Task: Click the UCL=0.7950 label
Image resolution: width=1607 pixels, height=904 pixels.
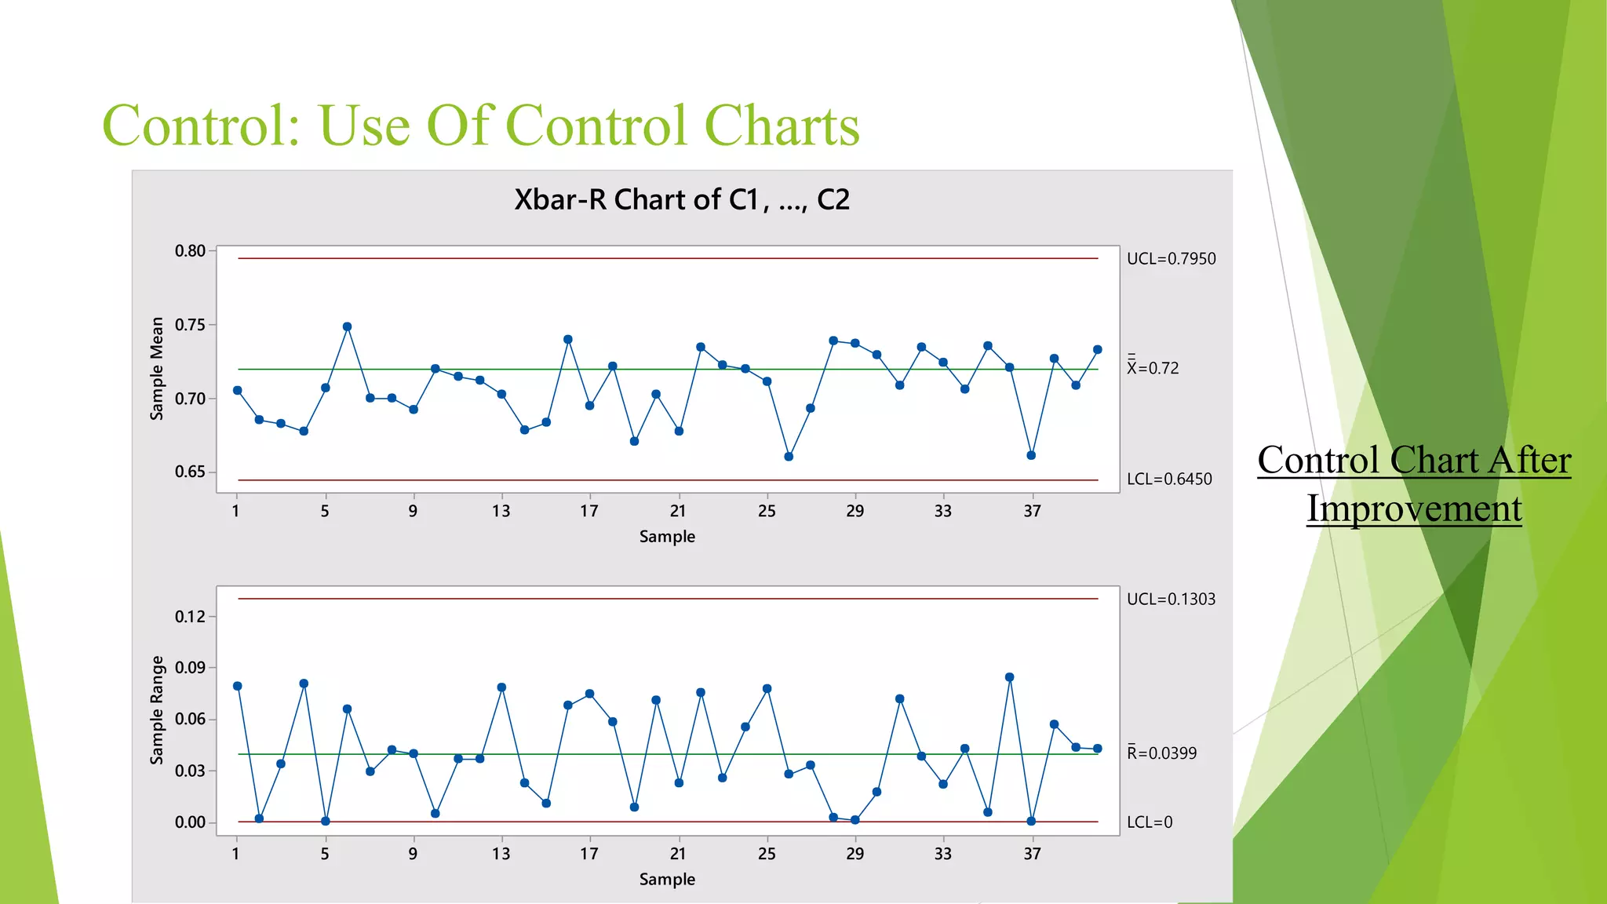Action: (x=1171, y=259)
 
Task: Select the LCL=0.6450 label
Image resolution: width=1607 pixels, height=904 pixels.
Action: (x=1169, y=479)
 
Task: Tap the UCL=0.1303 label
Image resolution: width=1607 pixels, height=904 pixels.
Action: (x=1171, y=600)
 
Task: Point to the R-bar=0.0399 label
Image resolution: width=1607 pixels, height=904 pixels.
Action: (x=1162, y=753)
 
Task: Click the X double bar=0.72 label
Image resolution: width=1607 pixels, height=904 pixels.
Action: (x=1153, y=368)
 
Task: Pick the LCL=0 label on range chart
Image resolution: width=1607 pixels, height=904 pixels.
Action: (x=1150, y=822)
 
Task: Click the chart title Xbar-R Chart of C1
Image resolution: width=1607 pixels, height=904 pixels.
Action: (x=681, y=200)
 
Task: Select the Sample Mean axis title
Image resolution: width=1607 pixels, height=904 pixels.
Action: (x=157, y=369)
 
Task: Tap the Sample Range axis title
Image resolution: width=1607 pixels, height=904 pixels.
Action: (x=157, y=710)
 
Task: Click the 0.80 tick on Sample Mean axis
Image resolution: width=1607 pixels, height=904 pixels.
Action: (x=190, y=251)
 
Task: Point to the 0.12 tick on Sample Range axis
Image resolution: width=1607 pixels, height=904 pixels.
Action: (x=190, y=617)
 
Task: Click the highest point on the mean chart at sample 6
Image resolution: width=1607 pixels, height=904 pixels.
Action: (x=348, y=327)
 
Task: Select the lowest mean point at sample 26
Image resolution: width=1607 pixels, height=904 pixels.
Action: (x=789, y=457)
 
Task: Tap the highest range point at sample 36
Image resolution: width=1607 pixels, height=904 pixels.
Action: (x=1010, y=677)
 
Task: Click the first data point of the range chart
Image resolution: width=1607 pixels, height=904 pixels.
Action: (x=238, y=687)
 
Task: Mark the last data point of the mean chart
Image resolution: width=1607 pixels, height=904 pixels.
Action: (x=1098, y=350)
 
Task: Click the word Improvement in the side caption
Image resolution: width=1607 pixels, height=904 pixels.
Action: (x=1414, y=508)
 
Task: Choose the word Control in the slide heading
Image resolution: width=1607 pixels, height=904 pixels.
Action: (x=201, y=126)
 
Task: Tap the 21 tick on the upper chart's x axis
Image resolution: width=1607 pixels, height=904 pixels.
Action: (x=678, y=512)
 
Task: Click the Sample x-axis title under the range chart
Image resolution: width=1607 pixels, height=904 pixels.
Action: (x=667, y=880)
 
